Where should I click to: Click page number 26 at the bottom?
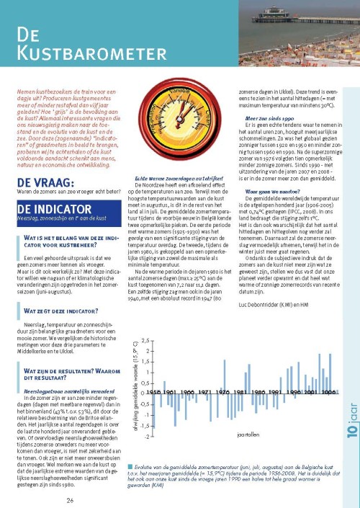coord(70,500)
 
